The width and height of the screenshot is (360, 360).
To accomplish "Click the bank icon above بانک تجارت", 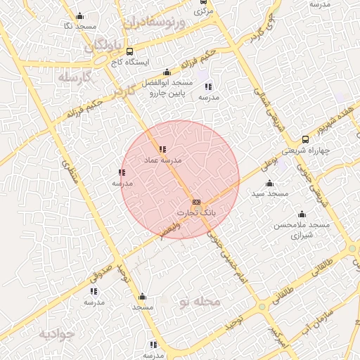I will tap(196, 202).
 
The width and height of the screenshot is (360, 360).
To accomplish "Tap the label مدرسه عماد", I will tap(162, 160).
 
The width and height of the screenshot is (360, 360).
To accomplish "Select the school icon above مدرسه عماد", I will tap(162, 149).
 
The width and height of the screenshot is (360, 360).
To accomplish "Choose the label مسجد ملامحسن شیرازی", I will tap(302, 229).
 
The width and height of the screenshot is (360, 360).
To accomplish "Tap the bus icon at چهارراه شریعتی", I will tap(304, 139).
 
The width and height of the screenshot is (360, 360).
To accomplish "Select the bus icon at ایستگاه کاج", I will tap(129, 51).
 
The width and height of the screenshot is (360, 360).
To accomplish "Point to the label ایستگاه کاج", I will tap(129, 62).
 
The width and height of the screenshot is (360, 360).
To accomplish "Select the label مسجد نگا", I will tap(79, 26).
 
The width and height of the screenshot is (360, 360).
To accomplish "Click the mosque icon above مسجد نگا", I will tap(79, 16).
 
